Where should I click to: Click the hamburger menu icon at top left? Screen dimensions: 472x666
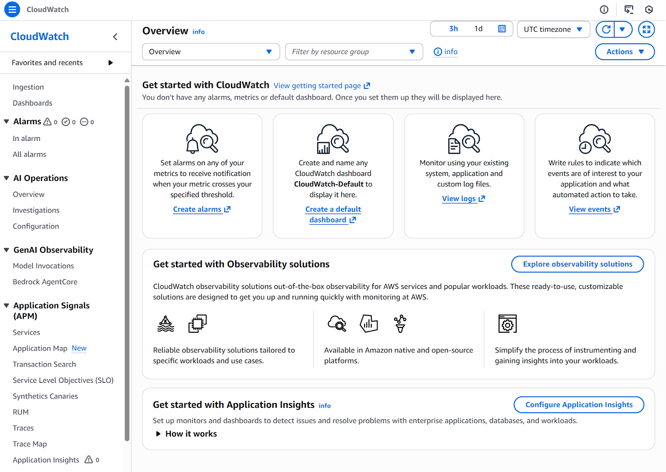12,9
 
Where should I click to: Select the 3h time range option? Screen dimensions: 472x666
453,29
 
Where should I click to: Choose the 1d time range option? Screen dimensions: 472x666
478,29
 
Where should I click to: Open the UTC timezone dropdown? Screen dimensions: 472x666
553,30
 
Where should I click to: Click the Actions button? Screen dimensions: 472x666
624,52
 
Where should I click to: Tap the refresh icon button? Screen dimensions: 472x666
606,30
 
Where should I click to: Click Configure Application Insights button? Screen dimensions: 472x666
579,405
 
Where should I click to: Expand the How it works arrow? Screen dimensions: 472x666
158,434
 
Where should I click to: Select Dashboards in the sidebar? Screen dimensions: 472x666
32,103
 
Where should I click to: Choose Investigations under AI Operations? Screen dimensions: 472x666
36,211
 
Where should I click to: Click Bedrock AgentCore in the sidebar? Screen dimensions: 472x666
45,282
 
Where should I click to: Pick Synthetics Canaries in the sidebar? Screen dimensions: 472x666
45,396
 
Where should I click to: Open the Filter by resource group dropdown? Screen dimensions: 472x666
354,52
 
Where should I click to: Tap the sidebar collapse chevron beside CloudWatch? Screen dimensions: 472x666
115,37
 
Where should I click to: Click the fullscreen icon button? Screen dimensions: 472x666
646,30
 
